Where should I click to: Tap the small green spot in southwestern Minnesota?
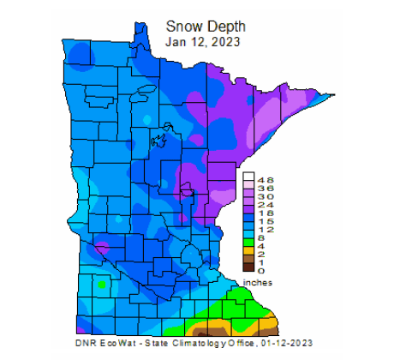tap(102, 283)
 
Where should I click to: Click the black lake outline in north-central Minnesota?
tap(158, 135)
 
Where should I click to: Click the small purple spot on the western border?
tap(102, 249)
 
